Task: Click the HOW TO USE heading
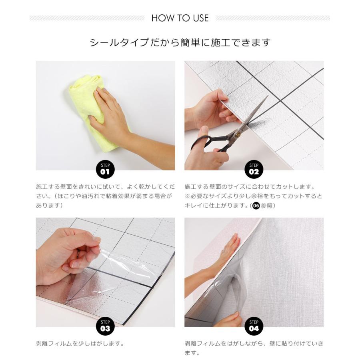180,18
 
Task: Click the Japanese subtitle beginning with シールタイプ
180,42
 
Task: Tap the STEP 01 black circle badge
105,170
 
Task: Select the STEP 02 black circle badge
254,170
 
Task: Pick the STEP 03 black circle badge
105,326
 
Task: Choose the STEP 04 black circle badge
254,326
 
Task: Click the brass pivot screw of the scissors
238,135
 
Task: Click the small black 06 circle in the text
256,206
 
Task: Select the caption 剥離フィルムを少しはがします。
80,344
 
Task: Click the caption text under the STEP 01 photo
105,196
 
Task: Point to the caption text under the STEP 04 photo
254,348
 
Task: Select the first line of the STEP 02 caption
250,187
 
